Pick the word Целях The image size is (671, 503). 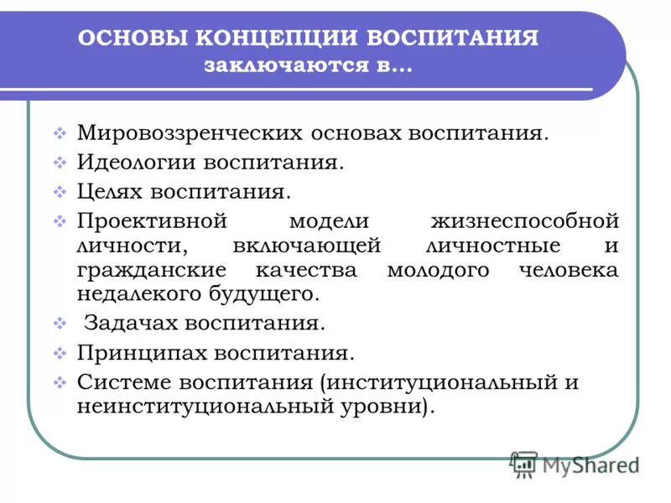(x=110, y=191)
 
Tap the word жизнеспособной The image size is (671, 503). (x=524, y=221)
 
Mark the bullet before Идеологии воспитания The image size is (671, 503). (x=60, y=163)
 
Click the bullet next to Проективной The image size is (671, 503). (x=60, y=221)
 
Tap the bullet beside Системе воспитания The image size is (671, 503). (x=60, y=382)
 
